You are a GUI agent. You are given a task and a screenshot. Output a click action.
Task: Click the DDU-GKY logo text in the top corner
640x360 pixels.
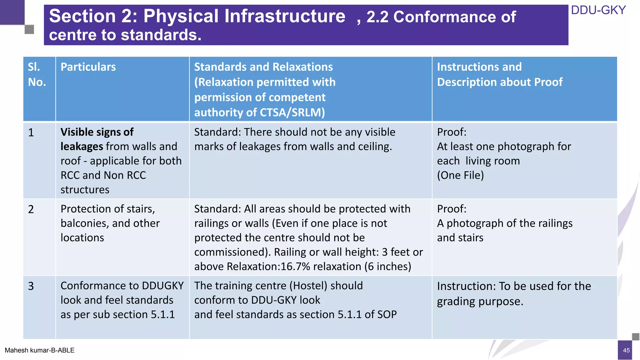tap(598, 10)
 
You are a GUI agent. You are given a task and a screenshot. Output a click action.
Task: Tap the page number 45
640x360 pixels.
tap(626, 350)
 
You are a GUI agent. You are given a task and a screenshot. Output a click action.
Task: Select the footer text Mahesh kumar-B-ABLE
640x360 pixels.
tap(40, 350)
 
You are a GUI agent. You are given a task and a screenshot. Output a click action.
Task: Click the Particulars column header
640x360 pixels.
tap(88, 67)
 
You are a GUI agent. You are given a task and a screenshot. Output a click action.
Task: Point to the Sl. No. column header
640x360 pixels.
tap(37, 74)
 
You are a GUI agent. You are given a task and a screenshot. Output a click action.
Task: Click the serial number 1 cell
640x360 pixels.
tap(31, 132)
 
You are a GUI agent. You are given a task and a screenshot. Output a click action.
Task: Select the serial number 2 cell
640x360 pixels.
tap(31, 209)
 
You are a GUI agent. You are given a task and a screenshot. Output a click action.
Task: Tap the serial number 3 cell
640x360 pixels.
tap(31, 286)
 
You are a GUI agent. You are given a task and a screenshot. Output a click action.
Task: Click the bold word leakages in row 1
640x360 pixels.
tap(82, 147)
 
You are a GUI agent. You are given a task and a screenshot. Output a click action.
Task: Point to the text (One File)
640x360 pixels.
tap(460, 175)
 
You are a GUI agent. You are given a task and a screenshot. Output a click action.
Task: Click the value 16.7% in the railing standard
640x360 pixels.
tap(295, 267)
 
